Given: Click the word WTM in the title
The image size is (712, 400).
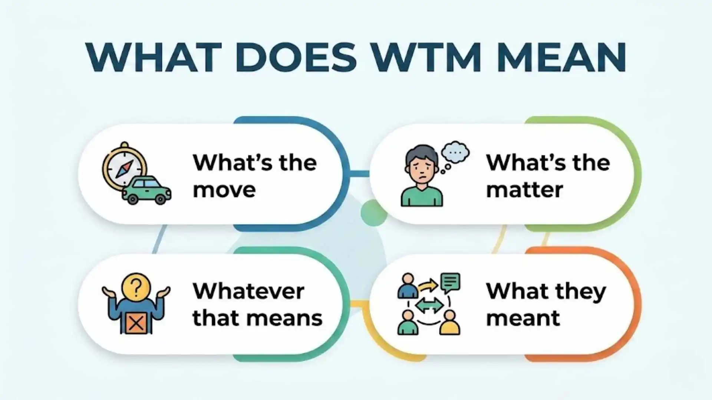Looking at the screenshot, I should click(426, 57).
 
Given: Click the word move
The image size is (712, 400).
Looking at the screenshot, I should click(224, 190).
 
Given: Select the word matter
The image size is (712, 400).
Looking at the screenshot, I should click(524, 190).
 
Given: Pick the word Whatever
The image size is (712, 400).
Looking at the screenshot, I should click(248, 291).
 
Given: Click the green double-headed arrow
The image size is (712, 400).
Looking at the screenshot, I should click(429, 306).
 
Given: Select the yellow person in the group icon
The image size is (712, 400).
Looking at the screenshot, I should click(450, 323).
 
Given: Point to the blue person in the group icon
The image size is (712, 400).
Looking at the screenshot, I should click(408, 287).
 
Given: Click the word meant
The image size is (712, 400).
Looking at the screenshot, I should click(523, 319).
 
